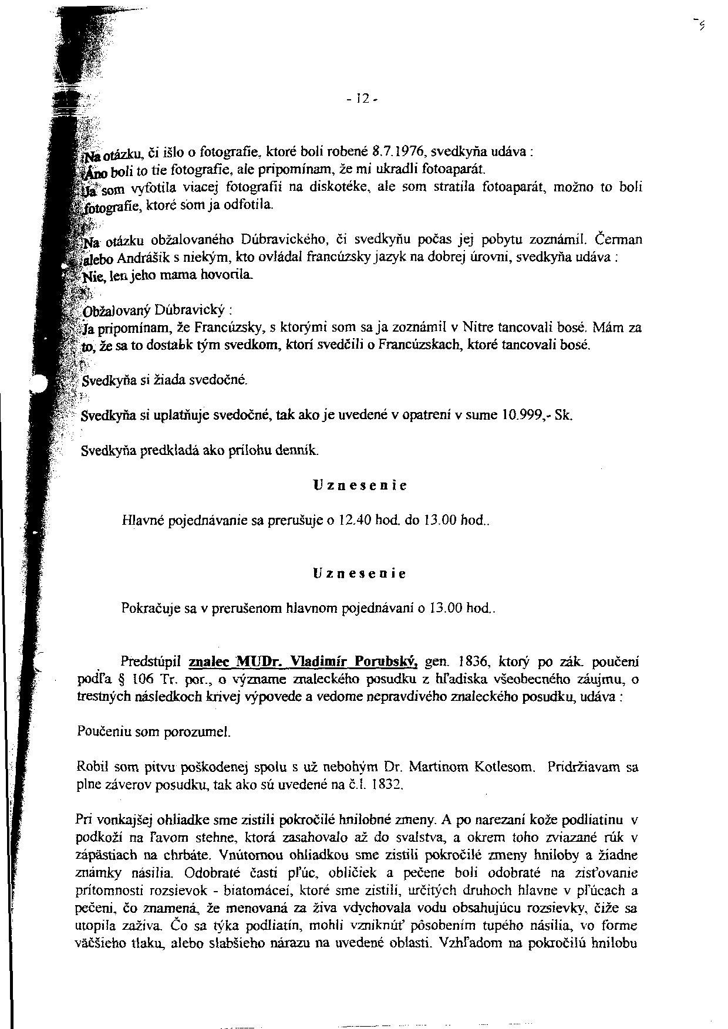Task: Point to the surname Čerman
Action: click(x=618, y=239)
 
